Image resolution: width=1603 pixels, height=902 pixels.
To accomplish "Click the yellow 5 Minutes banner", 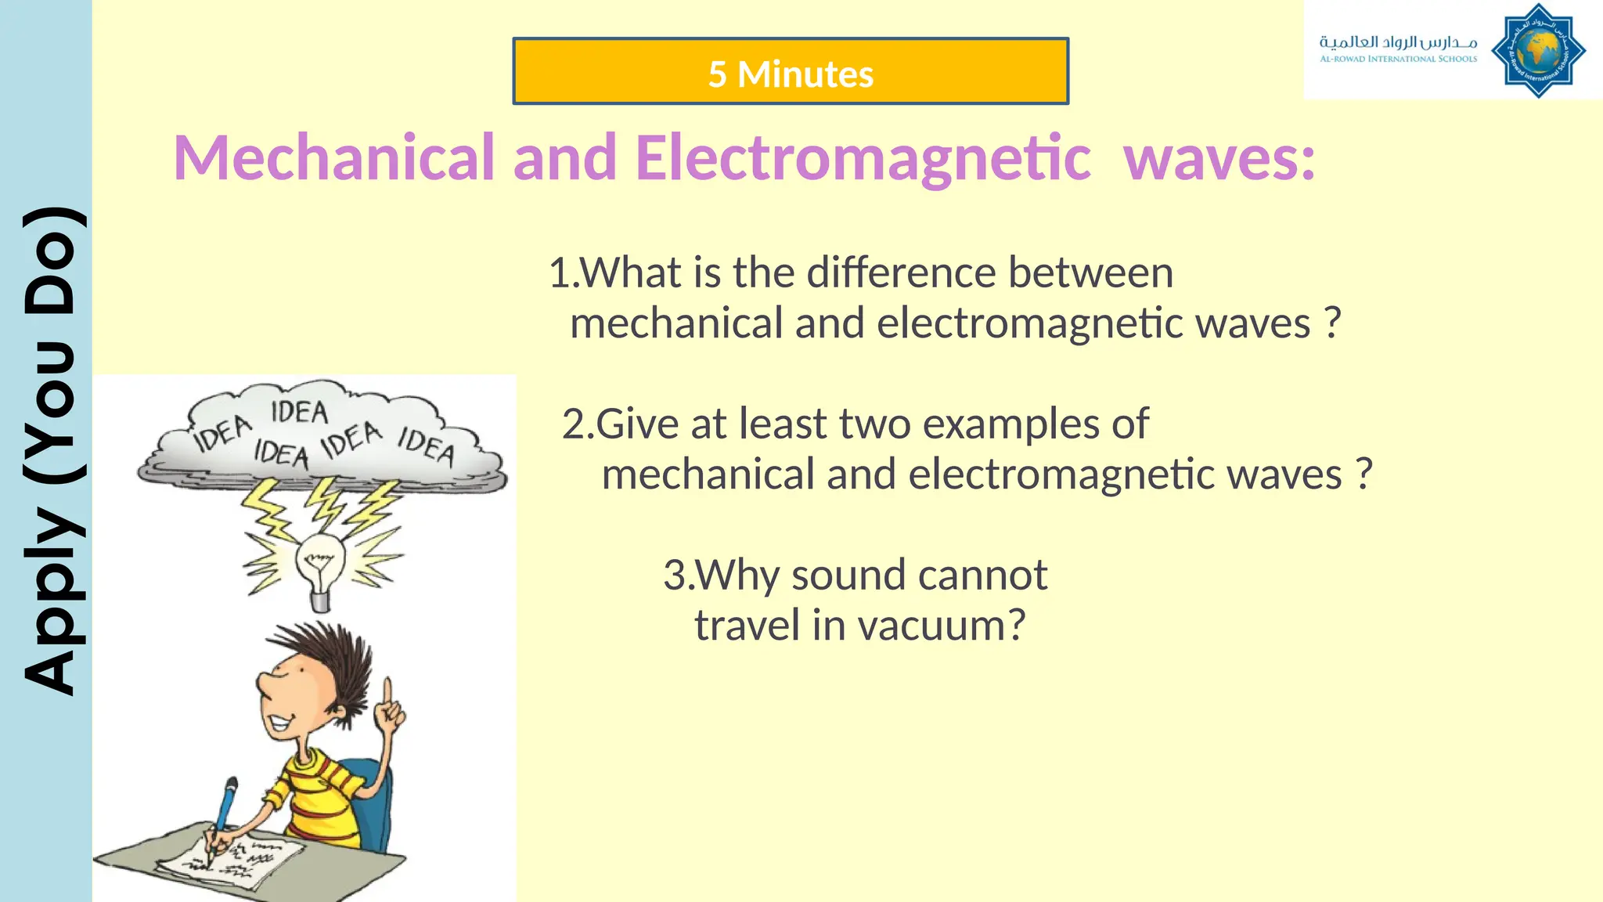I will click(791, 71).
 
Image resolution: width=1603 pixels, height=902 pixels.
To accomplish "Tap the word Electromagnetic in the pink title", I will click(863, 158).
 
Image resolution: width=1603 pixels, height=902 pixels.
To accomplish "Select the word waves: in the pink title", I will click(1219, 158).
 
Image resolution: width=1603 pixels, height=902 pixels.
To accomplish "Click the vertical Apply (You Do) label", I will click(49, 451).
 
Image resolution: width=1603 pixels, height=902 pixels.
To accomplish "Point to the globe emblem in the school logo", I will click(1538, 51).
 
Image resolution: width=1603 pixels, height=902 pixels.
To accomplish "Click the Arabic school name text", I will click(1398, 41).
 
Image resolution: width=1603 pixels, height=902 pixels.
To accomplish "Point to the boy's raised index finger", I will click(387, 694).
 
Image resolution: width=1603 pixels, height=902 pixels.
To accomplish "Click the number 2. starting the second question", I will click(578, 424).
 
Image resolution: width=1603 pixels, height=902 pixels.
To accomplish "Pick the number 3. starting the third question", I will click(678, 575).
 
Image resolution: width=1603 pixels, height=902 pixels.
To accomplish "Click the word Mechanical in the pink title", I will click(335, 158).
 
